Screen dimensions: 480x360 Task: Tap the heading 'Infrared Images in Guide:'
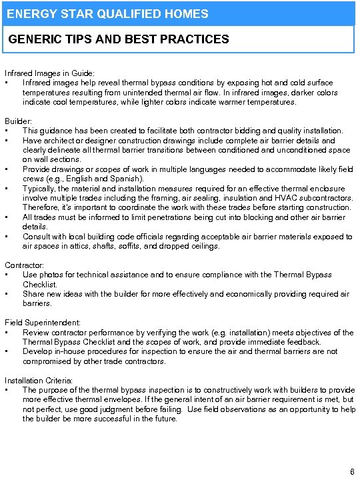pos(49,73)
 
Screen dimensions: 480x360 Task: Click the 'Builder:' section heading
pos(18,121)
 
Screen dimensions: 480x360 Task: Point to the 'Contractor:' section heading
pos(24,265)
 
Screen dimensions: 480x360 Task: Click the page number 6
pos(352,472)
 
